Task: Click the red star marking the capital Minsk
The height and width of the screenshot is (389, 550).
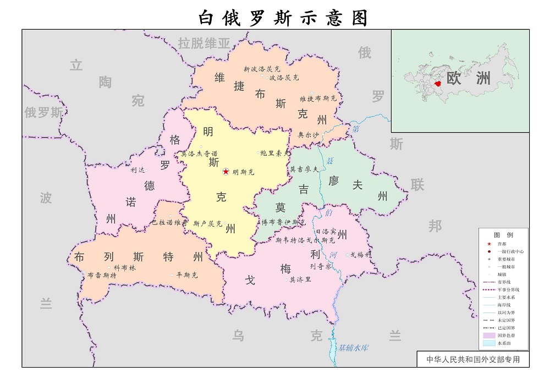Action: coord(226,172)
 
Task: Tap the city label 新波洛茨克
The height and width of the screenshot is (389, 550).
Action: coord(262,69)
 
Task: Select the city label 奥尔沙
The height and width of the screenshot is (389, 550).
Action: coord(308,134)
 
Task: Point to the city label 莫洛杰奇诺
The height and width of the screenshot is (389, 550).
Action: coord(199,154)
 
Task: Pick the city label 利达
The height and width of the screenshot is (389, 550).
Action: coord(137,170)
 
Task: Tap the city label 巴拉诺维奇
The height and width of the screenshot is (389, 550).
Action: coord(169,223)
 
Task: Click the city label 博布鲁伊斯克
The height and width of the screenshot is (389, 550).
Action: coord(283,222)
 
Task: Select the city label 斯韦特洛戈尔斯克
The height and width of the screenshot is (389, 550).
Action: coord(305,240)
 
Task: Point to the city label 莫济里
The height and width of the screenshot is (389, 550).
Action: coord(300,280)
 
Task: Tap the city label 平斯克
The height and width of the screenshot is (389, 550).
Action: coord(187,275)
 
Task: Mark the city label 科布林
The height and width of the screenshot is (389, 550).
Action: coord(124,267)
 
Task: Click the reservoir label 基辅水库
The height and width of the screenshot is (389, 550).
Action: coord(353,348)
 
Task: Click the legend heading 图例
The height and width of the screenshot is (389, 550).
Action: coord(503,234)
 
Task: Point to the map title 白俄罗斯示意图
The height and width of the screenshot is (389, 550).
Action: coord(283,18)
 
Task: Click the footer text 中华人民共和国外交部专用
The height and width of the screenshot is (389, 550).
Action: coord(473,360)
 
